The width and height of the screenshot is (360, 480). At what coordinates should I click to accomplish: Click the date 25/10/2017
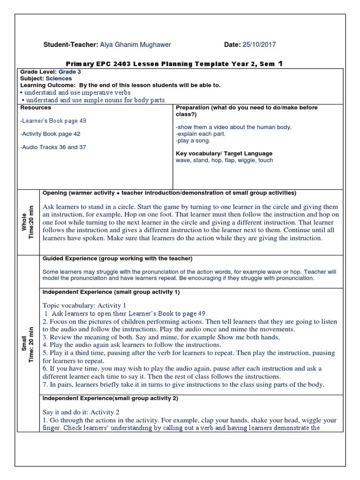pos(259,45)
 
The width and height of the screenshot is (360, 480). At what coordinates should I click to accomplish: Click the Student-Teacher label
pos(70,45)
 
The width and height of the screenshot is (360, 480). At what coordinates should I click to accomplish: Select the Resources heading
pos(35,107)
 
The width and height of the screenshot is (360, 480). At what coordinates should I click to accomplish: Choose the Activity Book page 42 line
pos(50,134)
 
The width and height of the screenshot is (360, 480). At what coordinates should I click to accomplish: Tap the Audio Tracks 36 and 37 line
pos(53,147)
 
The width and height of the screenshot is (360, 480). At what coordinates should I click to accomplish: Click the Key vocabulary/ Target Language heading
pos(224,153)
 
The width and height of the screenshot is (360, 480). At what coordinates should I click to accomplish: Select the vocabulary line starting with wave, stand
pos(224,160)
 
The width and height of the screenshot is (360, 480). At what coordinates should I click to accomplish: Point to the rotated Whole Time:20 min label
pos(28,222)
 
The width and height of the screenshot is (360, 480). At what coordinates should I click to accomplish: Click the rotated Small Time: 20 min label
pos(28,344)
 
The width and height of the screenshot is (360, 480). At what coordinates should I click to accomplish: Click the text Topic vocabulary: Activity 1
pos(84,305)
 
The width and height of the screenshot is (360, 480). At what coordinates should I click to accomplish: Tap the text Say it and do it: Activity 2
pos(81,412)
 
